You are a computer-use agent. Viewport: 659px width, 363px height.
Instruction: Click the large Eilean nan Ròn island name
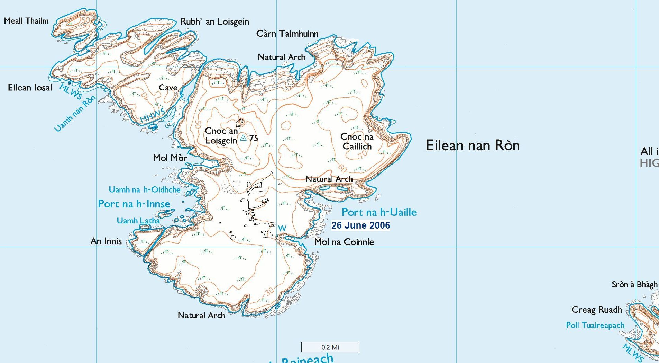(473, 145)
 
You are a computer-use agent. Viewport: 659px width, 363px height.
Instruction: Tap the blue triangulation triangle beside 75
(243, 138)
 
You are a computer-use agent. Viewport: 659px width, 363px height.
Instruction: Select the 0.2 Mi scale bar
(330, 347)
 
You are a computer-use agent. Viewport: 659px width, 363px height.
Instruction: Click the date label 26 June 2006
(360, 225)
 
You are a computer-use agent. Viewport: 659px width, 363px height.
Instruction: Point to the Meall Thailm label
(26, 21)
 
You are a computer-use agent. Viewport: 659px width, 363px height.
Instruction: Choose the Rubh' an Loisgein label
(214, 22)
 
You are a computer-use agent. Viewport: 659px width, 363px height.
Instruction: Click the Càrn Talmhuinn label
(287, 34)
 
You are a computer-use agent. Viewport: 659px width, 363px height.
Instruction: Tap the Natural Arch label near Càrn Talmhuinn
(281, 57)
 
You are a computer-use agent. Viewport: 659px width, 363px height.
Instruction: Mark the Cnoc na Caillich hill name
(357, 141)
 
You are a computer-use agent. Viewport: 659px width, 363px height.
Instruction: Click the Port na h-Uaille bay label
(379, 212)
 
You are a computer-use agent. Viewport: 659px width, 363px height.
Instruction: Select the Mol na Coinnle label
(344, 242)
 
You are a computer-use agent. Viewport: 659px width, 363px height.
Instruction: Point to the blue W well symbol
(282, 228)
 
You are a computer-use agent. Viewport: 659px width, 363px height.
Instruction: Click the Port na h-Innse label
(134, 204)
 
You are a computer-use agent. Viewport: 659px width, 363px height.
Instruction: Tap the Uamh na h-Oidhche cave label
(144, 190)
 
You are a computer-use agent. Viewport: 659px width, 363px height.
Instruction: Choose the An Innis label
(106, 241)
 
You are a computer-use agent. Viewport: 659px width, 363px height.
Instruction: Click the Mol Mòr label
(170, 158)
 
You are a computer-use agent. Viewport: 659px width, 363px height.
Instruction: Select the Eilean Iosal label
(30, 88)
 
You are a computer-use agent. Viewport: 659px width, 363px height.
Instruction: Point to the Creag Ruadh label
(596, 310)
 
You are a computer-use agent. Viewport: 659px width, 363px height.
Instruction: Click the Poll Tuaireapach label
(595, 325)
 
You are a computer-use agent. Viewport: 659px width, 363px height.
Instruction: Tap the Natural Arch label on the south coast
(201, 316)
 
